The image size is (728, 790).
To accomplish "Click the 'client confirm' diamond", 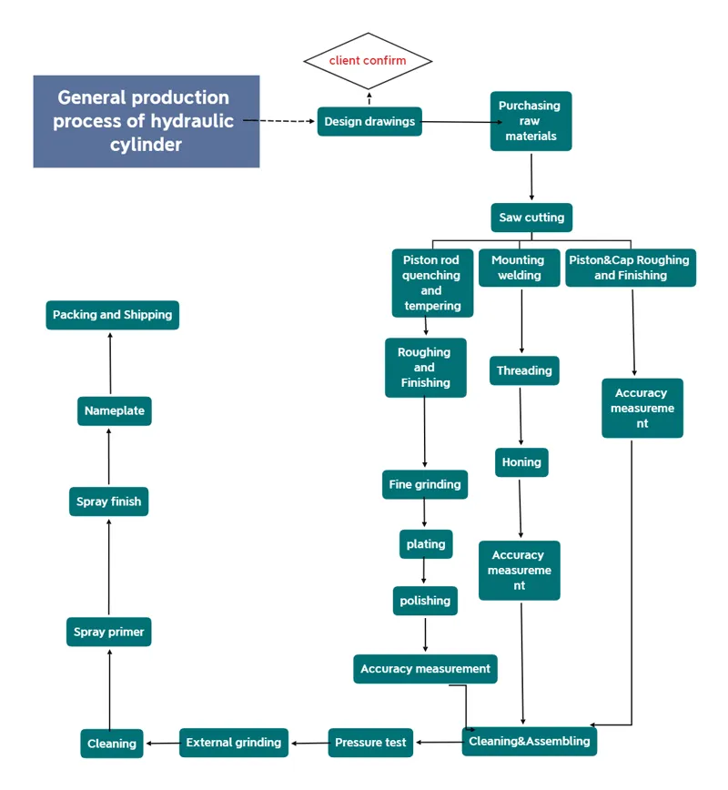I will coord(368,61).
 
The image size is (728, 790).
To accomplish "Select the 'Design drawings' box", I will coord(369,122).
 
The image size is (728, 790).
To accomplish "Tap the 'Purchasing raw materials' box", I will coord(531,121).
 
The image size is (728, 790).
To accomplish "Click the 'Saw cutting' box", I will coord(531,218).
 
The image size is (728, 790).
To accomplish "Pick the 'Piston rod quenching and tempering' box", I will coord(432,283).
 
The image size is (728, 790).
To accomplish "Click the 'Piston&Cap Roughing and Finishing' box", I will coord(630,268).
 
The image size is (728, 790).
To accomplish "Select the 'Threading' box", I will coord(523,370).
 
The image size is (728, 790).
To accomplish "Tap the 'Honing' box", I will coord(521,462).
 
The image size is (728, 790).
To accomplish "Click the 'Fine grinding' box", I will coord(425,485).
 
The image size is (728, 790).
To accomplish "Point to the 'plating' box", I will coord(426,544).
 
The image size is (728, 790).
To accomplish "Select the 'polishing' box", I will coord(425,601).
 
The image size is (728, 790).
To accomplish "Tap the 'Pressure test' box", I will coord(370,743).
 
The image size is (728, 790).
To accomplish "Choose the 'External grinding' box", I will coord(234,743).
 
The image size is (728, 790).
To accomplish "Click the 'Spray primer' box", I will coord(109,632).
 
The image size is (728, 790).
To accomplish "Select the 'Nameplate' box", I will coord(115,410).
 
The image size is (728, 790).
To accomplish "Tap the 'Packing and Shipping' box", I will coord(112,315).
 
